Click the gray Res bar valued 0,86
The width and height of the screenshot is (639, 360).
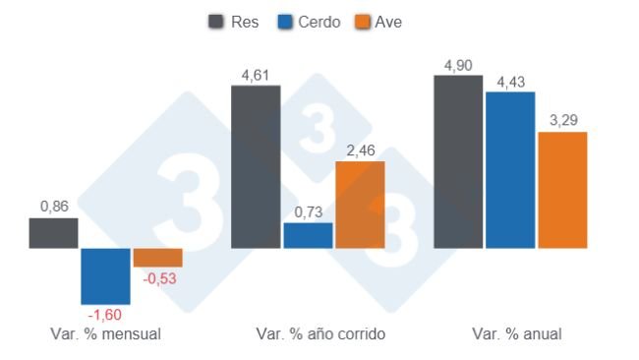(53, 233)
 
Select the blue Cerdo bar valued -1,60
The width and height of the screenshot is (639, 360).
(105, 275)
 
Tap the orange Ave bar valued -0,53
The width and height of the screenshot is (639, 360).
(157, 257)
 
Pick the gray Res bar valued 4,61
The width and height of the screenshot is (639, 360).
(256, 166)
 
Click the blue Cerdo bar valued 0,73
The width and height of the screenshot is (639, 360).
(308, 235)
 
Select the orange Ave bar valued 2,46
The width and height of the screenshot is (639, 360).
(360, 204)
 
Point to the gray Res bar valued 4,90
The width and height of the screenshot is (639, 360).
(458, 161)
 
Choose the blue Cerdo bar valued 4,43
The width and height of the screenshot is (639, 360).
(510, 169)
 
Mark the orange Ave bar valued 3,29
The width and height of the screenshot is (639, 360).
(562, 189)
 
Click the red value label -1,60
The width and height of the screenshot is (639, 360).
(105, 315)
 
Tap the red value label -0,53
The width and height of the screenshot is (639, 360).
(158, 278)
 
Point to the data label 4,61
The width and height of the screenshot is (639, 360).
(256, 73)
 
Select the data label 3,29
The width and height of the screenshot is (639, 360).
(563, 120)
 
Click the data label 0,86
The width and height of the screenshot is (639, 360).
(54, 207)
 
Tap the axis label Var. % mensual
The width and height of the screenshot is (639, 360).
(105, 334)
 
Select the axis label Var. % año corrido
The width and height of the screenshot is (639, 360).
(320, 334)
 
